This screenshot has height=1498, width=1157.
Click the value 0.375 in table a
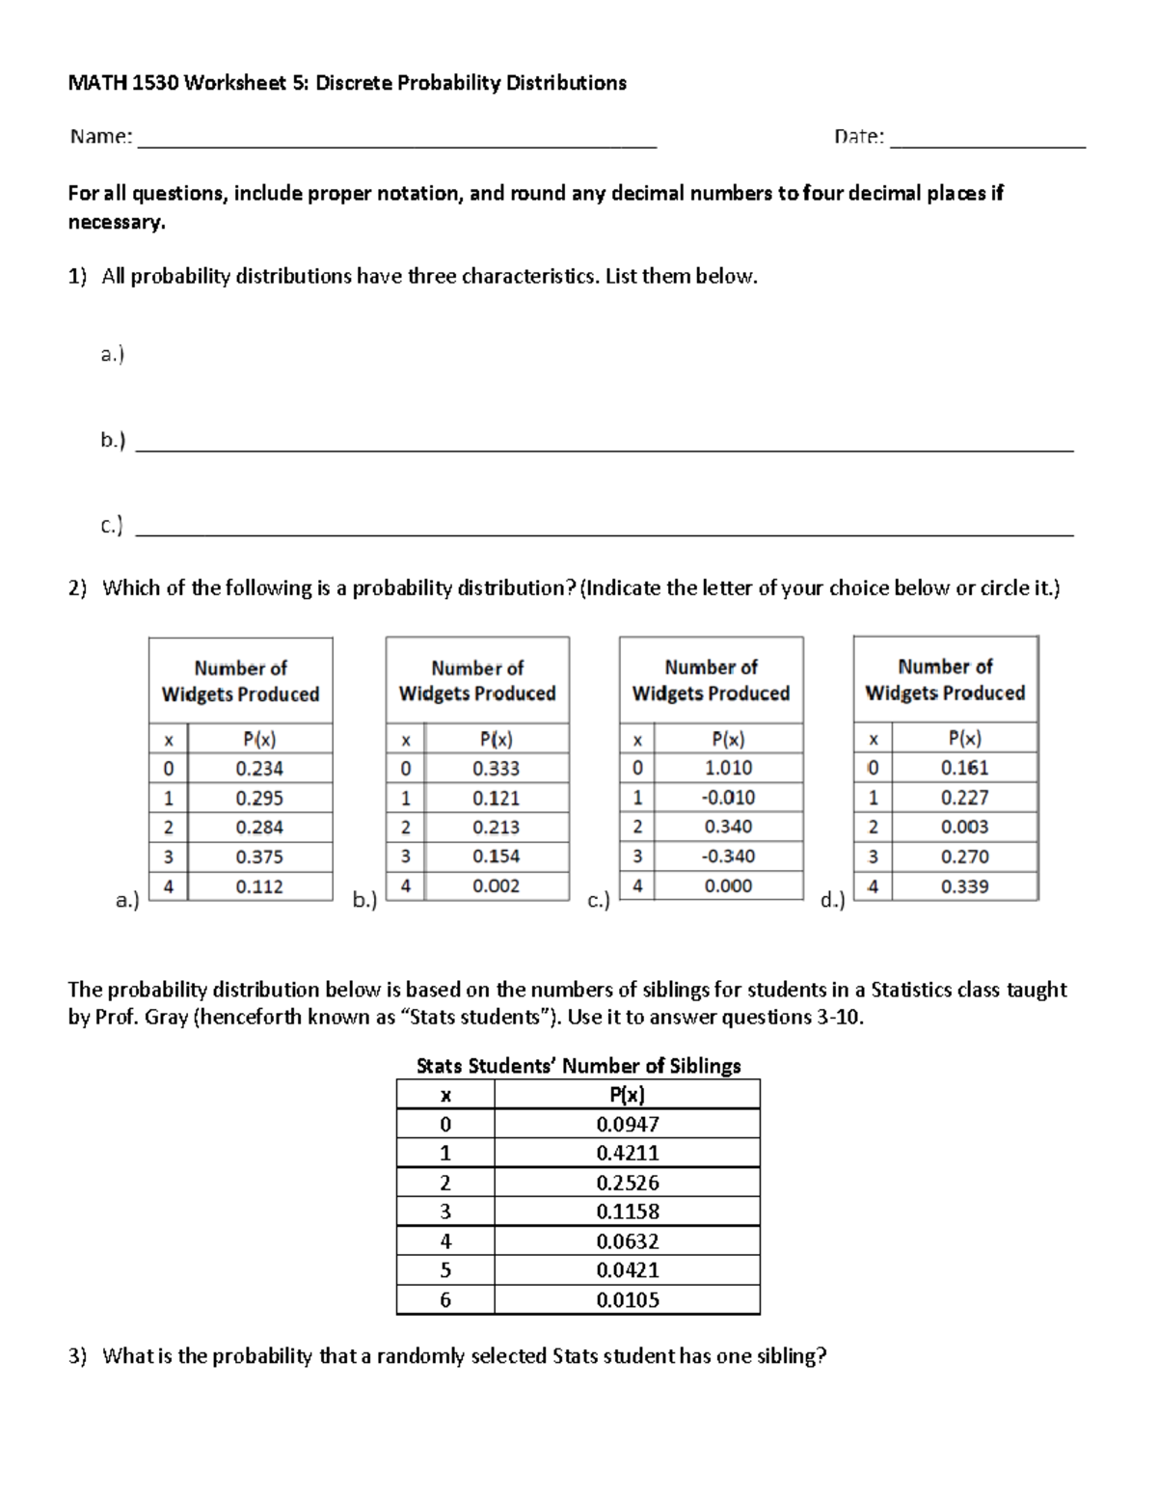pos(259,857)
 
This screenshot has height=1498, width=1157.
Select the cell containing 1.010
pos(728,768)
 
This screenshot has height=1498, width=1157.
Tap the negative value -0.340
pos(728,856)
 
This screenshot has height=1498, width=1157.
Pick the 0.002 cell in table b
pos(496,885)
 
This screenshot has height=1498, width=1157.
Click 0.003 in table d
pos(964,827)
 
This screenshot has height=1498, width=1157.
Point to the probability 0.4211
pos(628,1153)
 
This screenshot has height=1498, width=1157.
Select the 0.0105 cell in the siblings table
pos(628,1299)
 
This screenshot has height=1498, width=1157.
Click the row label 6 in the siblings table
pos(444,1299)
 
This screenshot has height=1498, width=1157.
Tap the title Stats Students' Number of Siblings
pos(578,1066)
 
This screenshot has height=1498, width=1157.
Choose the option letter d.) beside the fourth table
pos(831,901)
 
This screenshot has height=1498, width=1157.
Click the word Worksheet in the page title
pos(233,83)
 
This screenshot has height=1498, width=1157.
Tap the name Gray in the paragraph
pos(166,1017)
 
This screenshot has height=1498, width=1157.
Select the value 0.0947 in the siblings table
pos(628,1124)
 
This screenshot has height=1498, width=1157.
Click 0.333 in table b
pos(496,769)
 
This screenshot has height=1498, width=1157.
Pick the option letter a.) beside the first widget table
pos(127,901)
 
